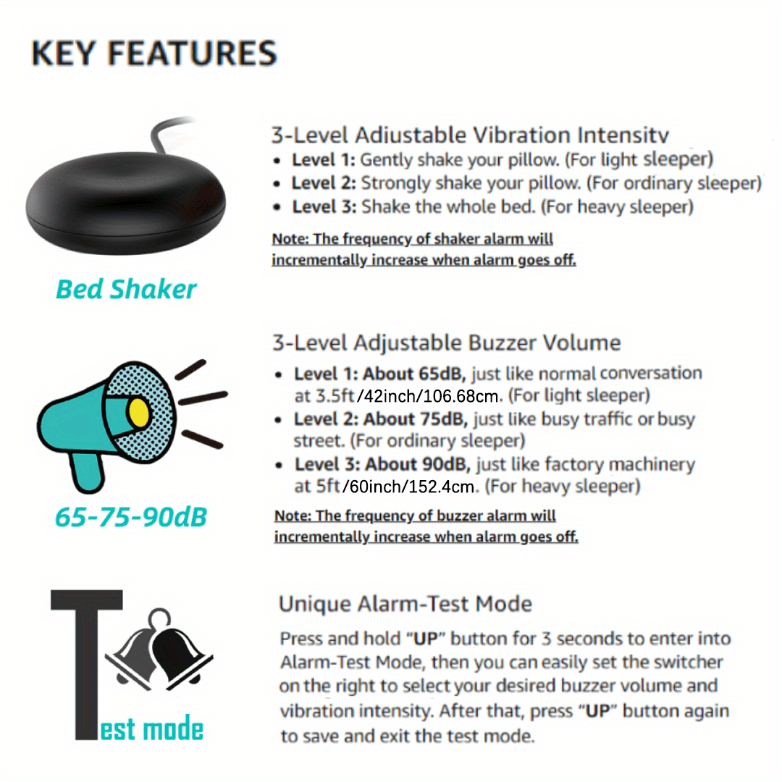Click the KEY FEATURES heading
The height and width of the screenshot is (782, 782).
pos(154,54)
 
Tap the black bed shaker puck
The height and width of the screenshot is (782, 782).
pos(126,202)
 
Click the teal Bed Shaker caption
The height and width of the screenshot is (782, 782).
pos(126,289)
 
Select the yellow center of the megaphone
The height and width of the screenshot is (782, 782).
pos(138,413)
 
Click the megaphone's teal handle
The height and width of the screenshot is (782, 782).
pos(88,472)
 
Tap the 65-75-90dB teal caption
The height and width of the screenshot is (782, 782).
pos(130,517)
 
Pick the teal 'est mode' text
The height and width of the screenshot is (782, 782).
pos(152,728)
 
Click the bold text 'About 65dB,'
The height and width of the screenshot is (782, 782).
pos(414,374)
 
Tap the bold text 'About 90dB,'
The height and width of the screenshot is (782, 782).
pos(418,464)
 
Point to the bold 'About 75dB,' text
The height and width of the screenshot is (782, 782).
pos(416,419)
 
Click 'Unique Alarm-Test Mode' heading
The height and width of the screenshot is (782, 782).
pos(405,604)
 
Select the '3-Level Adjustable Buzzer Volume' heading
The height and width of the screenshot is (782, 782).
pos(446,343)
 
